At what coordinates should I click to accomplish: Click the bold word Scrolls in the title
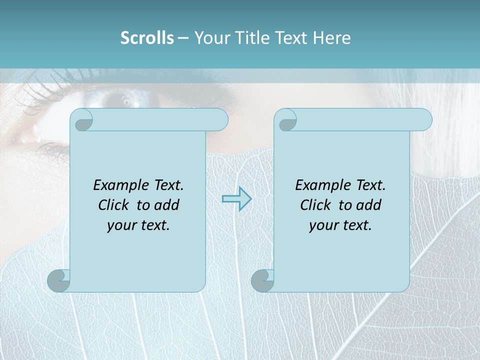[x=147, y=38]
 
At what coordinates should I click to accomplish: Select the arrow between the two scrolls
[x=236, y=199]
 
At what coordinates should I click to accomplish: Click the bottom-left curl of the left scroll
[x=58, y=280]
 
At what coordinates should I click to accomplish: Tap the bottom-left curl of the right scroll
[x=262, y=280]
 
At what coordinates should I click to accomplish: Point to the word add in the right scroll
[x=368, y=205]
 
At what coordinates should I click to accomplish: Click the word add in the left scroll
[x=166, y=205]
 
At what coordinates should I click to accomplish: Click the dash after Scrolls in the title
[x=183, y=38]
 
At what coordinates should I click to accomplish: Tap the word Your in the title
[x=210, y=38]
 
